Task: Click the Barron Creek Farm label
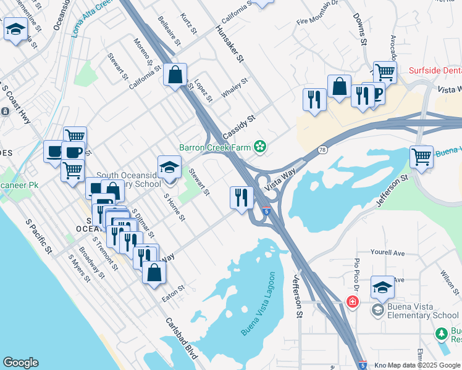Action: click(215, 147)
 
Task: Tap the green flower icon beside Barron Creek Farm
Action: click(261, 146)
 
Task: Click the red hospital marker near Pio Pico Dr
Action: click(352, 302)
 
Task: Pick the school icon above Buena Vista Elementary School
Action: click(382, 287)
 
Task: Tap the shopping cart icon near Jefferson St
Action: click(421, 156)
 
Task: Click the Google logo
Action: click(20, 363)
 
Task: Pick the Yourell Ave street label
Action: click(387, 253)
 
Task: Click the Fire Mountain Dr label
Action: click(317, 20)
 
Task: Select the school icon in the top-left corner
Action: click(15, 28)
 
